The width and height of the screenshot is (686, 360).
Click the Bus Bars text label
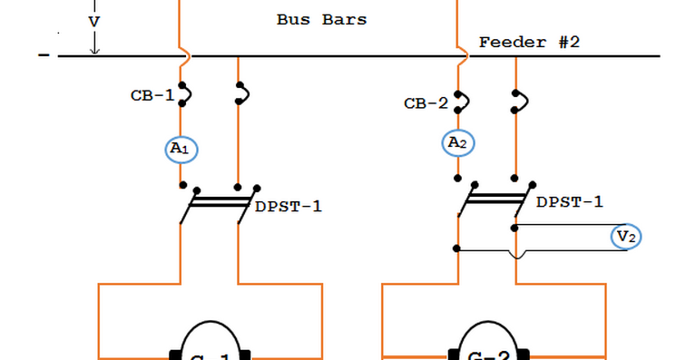[321, 19]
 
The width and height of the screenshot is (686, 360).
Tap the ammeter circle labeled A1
[181, 149]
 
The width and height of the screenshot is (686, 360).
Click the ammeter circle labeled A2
[458, 141]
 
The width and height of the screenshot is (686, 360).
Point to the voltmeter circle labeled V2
[626, 237]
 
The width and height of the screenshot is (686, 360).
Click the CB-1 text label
[152, 95]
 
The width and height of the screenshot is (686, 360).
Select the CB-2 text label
[426, 103]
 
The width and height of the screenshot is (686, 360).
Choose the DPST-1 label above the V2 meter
[569, 201]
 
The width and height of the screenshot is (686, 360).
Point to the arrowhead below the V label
[94, 49]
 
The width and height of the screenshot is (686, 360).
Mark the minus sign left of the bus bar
[44, 56]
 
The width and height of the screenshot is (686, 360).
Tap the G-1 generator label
[209, 355]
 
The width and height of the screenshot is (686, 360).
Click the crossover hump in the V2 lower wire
[516, 255]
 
